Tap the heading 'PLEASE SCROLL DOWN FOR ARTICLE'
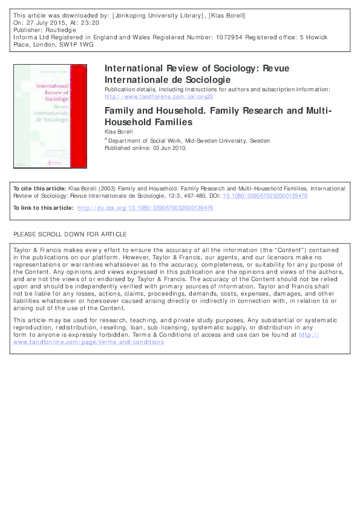[x=70, y=234]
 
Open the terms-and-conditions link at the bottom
[x=88, y=342]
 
